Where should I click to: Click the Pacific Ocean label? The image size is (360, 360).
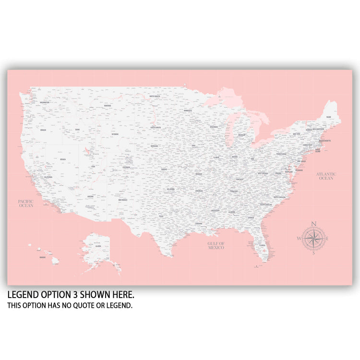(26, 203)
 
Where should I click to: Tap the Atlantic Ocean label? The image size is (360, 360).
(326, 176)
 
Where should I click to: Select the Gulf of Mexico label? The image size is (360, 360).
(216, 245)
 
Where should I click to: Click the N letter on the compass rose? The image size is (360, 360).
(314, 224)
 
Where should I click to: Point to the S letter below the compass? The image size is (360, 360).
(314, 253)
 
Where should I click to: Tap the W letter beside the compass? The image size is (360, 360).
(299, 239)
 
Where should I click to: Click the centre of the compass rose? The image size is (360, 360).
(314, 239)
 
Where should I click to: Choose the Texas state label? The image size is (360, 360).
(161, 216)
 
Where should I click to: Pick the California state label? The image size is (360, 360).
(48, 177)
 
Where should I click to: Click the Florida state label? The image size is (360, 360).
(263, 245)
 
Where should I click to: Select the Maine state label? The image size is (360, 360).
(329, 117)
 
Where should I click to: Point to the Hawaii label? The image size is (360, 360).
(43, 257)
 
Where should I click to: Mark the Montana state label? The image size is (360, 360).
(108, 106)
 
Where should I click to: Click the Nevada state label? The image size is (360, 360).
(63, 159)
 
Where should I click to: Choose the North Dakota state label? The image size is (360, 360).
(155, 96)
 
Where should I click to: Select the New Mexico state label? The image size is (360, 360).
(123, 200)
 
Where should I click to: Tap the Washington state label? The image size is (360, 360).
(44, 102)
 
